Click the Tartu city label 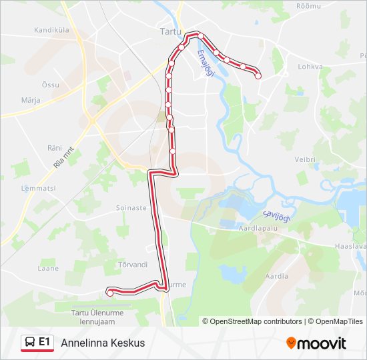tap(171, 31)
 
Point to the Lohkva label tap(310, 67)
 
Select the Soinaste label tap(131, 208)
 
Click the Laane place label tap(49, 269)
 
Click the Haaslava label tap(351, 247)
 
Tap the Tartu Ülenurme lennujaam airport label tap(99, 315)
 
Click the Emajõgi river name tap(205, 64)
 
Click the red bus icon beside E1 tap(30, 343)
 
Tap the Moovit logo tap(316, 343)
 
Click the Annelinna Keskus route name tap(102, 343)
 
